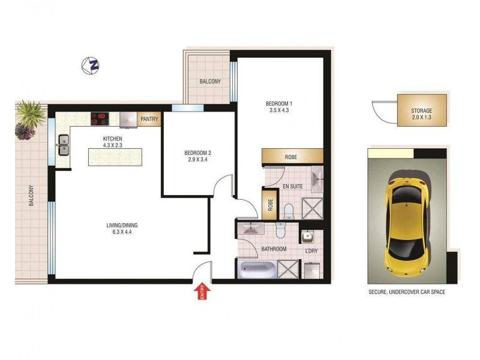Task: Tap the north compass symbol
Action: pos(91,65)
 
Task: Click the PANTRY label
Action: pos(149,119)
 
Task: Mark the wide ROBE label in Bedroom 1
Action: pos(291,157)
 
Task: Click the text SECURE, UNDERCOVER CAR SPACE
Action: pos(407,292)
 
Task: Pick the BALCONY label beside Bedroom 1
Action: pos(210,82)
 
